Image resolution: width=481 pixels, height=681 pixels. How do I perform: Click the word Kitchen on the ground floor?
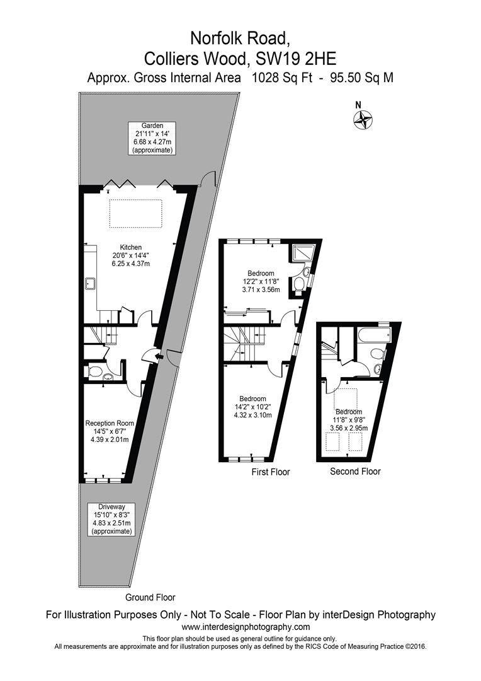[130, 247]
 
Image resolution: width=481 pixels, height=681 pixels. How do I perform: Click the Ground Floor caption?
[150, 597]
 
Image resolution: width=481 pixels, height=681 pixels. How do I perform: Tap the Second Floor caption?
[355, 471]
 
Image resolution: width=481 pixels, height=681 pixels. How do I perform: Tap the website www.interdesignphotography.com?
[246, 627]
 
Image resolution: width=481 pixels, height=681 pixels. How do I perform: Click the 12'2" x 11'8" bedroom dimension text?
[260, 282]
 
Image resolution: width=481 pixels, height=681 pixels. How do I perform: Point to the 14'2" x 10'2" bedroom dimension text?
[252, 407]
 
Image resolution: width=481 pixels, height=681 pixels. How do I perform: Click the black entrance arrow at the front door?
[158, 358]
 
